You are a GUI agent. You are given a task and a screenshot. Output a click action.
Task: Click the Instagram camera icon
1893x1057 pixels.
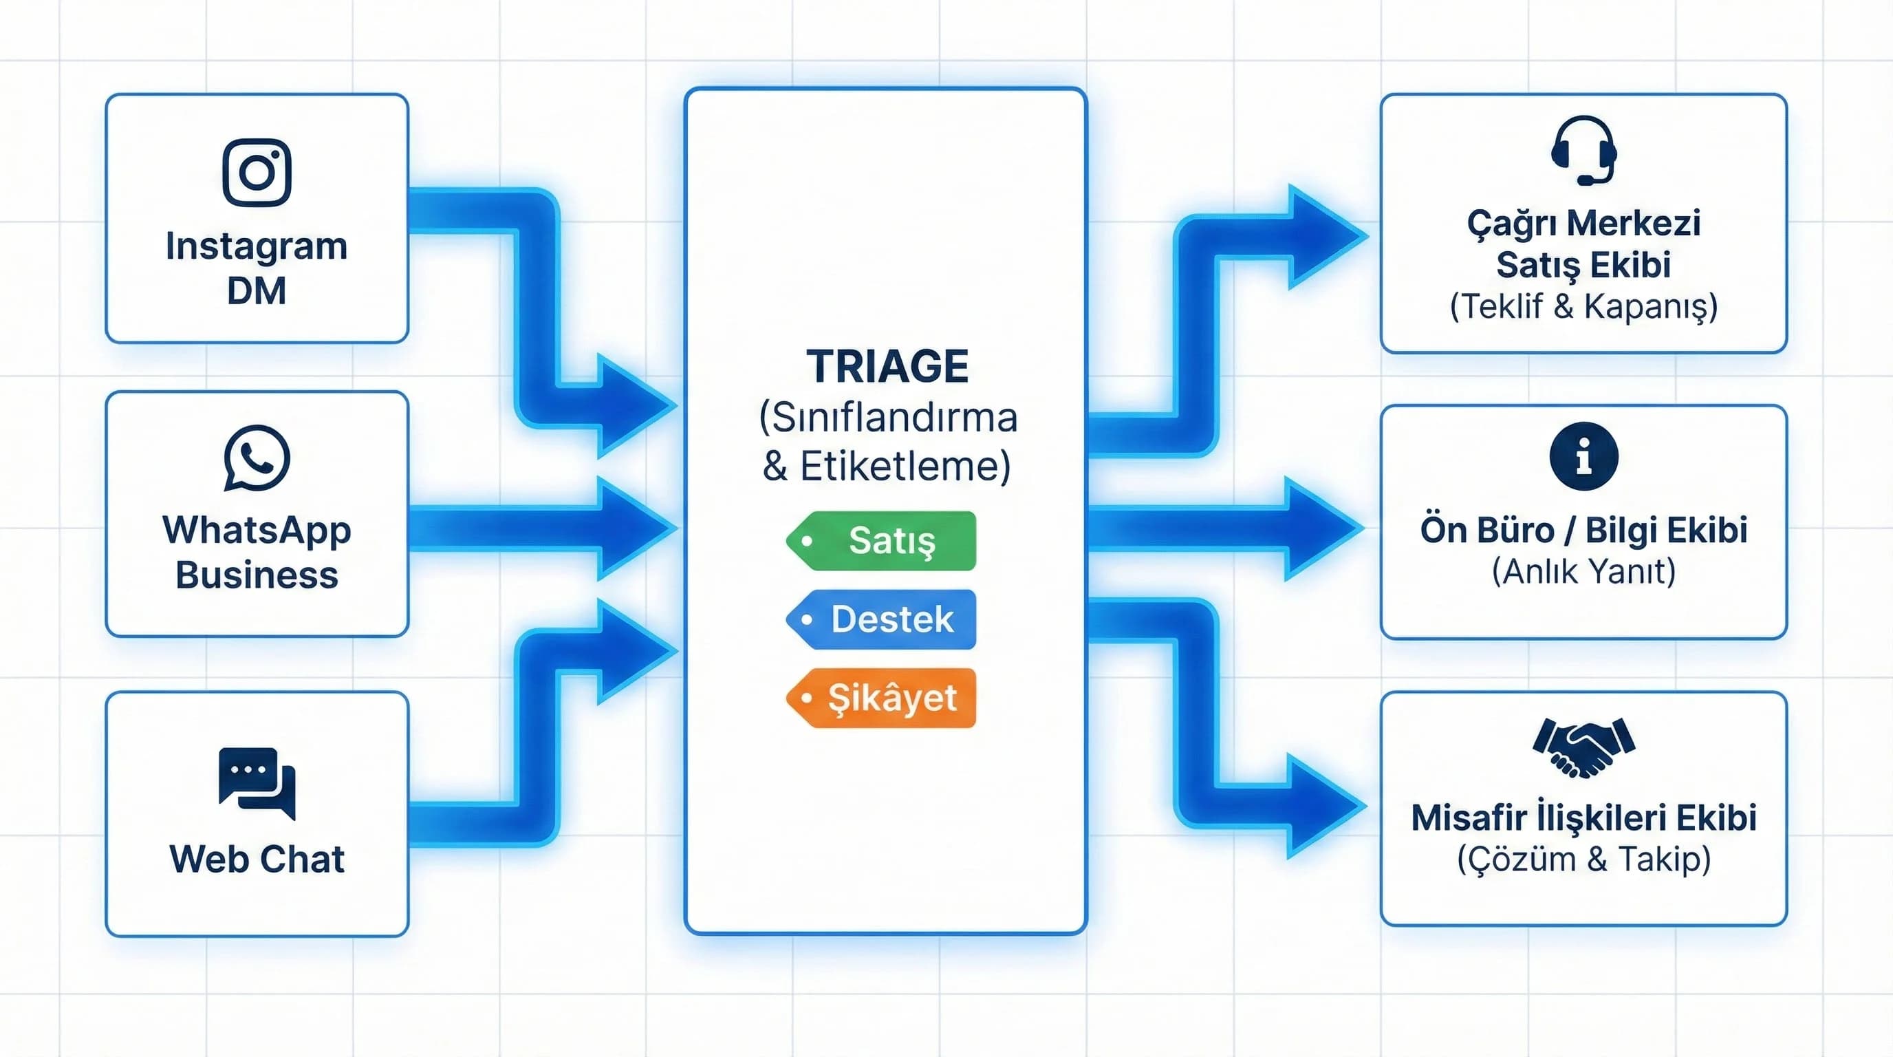click(x=257, y=172)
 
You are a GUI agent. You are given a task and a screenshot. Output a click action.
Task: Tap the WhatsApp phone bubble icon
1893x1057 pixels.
click(x=257, y=457)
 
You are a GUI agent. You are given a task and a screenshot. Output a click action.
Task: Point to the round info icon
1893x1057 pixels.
click(x=1583, y=456)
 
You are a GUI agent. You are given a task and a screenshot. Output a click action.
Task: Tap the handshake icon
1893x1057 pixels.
click(x=1583, y=747)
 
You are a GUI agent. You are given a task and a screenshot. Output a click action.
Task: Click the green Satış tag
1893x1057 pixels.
click(x=882, y=541)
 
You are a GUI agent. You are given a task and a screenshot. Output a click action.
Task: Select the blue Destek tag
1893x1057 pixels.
click(x=882, y=619)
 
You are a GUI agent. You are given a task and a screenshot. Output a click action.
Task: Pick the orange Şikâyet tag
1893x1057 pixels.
click(x=882, y=698)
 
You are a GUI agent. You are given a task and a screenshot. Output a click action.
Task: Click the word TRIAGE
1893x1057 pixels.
click(x=887, y=366)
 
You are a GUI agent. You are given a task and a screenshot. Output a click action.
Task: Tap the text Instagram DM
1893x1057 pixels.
click(x=257, y=268)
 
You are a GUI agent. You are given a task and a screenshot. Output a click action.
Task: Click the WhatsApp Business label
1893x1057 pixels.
click(x=257, y=551)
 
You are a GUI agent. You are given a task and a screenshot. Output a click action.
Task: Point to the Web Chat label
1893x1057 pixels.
click(x=257, y=859)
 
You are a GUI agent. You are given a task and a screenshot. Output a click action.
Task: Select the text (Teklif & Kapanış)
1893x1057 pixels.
click(x=1583, y=306)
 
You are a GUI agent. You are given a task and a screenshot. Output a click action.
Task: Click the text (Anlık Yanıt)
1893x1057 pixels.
click(x=1583, y=571)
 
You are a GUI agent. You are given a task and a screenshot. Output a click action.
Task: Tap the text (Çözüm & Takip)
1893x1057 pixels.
click(x=1583, y=859)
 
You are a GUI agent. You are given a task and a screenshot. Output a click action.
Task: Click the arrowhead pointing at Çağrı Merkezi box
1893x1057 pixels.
click(x=1323, y=237)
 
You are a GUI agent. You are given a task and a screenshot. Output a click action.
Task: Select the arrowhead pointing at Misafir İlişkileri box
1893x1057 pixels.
click(x=1323, y=807)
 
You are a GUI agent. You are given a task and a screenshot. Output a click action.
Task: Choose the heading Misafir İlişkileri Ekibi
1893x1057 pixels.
click(x=1583, y=818)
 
